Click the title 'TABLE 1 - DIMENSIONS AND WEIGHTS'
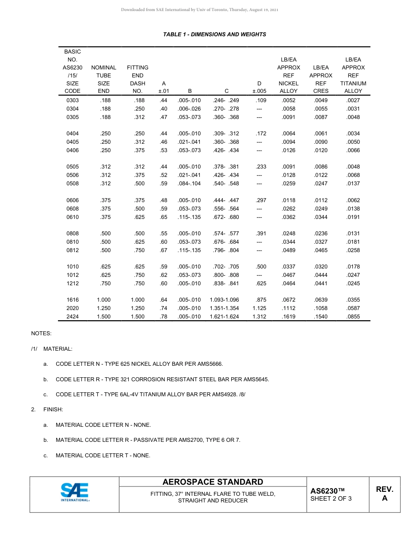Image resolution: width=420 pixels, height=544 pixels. point(214,34)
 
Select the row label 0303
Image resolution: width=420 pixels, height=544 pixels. point(73,100)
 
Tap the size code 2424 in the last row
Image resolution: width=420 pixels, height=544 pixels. point(73,317)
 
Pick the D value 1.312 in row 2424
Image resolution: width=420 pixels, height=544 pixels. point(259,317)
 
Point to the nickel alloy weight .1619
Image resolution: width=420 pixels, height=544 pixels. point(288,317)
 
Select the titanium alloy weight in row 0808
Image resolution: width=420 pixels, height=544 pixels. point(353,234)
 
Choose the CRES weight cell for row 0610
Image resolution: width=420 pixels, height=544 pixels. point(321,217)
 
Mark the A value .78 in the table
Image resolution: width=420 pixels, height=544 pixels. point(164,317)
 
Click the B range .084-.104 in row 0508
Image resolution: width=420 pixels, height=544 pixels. point(189,184)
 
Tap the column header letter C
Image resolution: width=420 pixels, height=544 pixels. point(226,91)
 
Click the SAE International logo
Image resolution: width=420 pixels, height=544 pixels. point(75,492)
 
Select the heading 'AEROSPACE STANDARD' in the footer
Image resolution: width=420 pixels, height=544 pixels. point(213,482)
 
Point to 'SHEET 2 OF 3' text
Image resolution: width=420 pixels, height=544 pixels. point(331,499)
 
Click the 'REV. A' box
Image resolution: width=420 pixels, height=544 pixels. point(384,494)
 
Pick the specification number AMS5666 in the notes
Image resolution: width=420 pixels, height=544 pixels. point(210,364)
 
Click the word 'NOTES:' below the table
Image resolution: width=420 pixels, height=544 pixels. point(41,333)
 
